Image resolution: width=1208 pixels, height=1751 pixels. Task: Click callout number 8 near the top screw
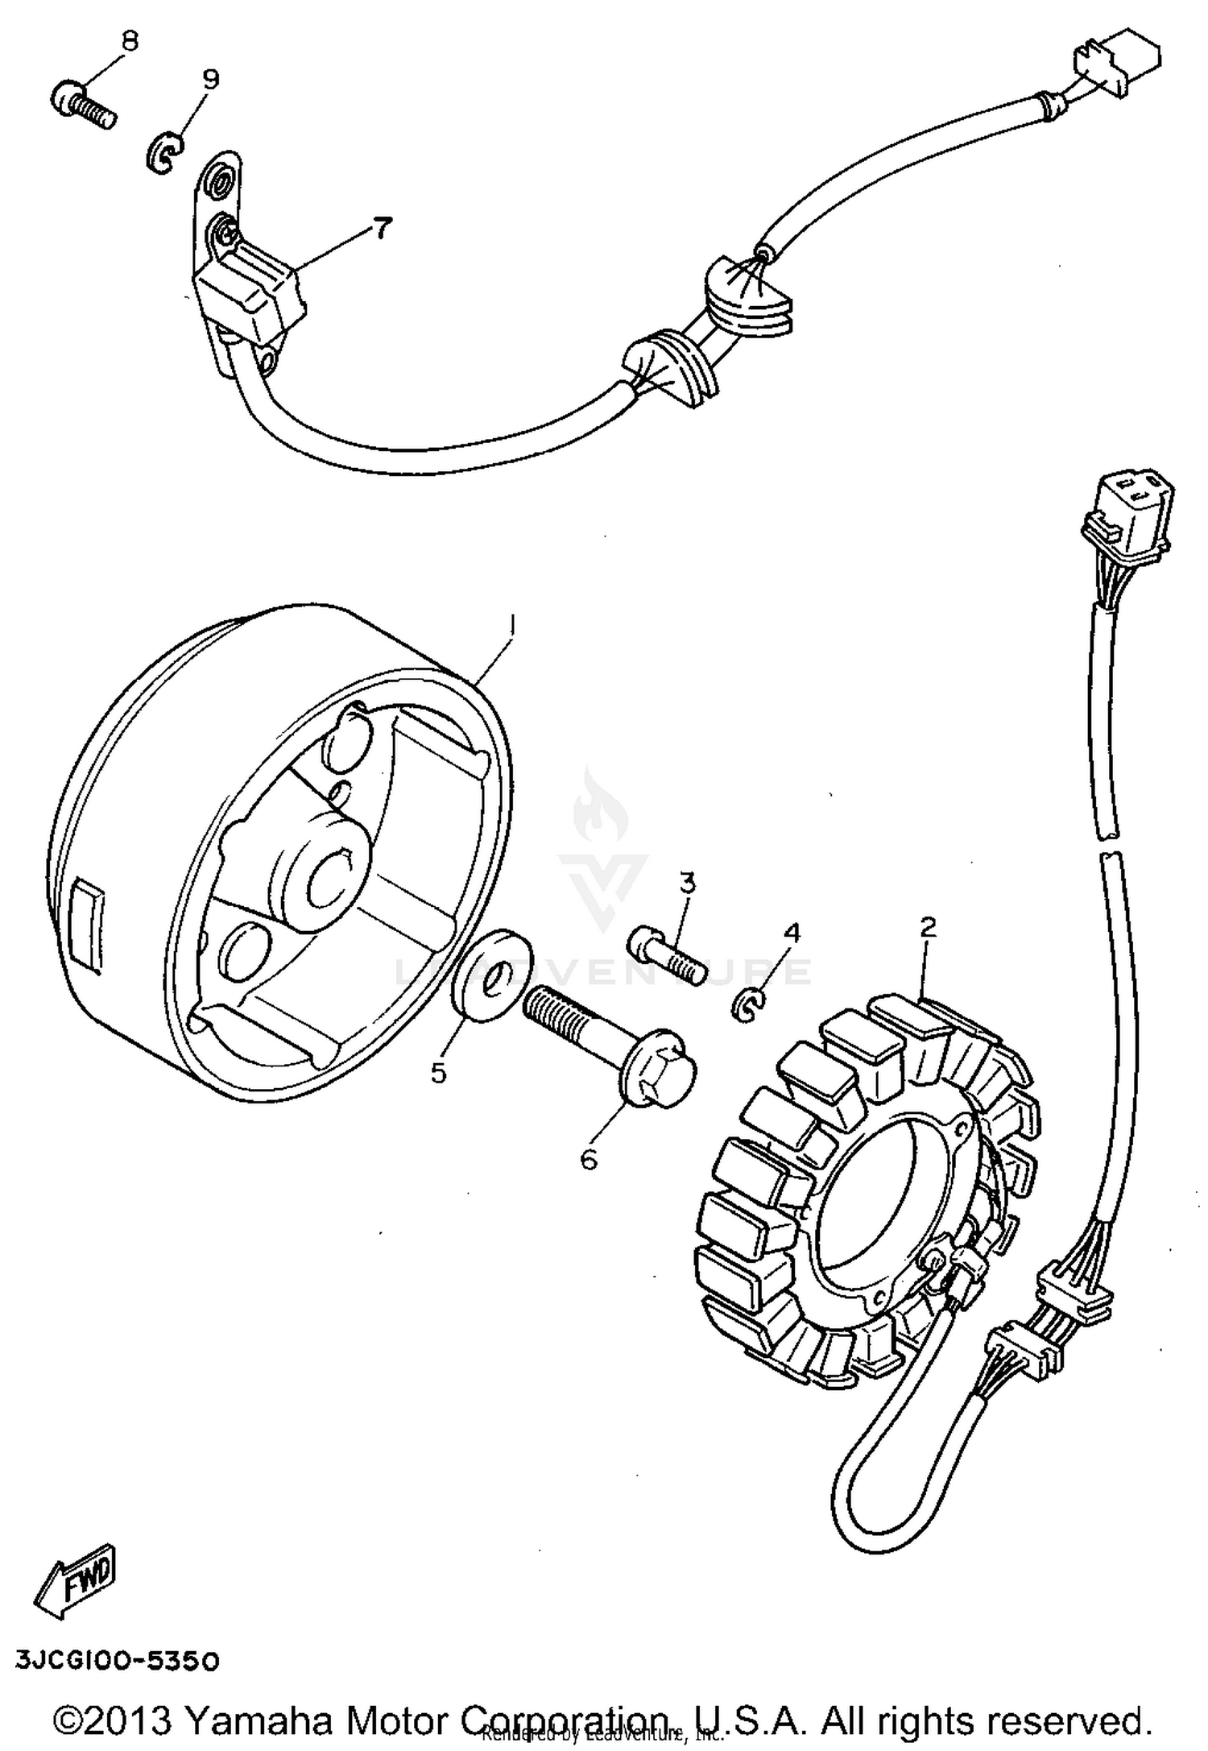point(130,41)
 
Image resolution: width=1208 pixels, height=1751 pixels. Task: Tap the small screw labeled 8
point(85,108)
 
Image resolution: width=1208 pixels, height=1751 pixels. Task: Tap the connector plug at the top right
point(1118,70)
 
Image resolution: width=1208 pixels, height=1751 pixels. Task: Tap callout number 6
point(589,1160)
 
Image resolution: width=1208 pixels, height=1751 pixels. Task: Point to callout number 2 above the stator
point(928,927)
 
